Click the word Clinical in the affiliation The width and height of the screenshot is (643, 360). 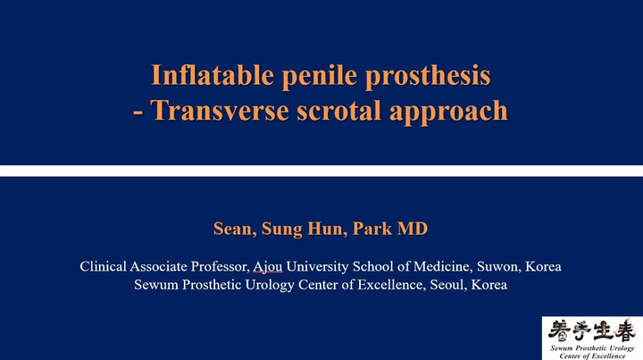[x=104, y=267]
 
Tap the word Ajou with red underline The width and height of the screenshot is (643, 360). [x=267, y=267]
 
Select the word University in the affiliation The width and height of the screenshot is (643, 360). [x=317, y=267]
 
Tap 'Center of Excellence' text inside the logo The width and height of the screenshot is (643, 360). [x=591, y=353]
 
